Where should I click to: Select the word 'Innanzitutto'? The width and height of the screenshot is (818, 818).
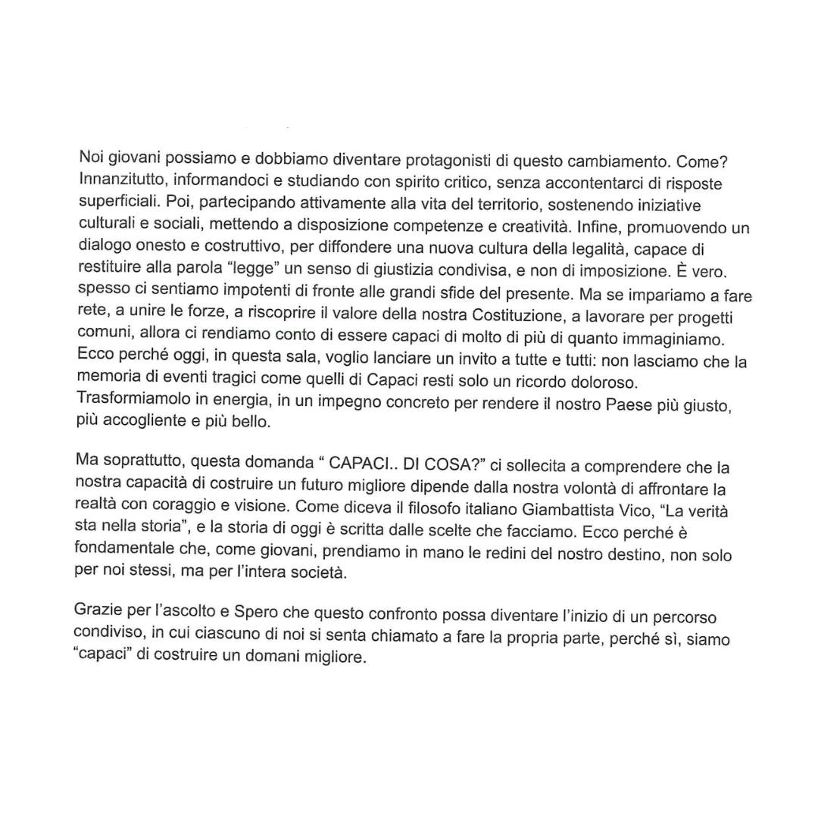point(120,183)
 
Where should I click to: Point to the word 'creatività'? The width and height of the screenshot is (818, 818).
point(533,226)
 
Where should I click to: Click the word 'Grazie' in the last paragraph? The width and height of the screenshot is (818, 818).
point(100,609)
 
